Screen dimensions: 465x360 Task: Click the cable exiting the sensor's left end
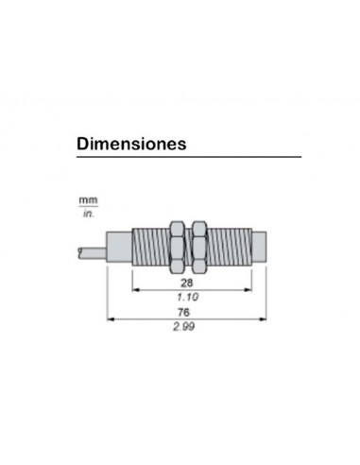click(89, 250)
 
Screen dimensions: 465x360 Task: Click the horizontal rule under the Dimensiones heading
click(188, 157)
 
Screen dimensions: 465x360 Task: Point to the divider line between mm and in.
click(88, 209)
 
